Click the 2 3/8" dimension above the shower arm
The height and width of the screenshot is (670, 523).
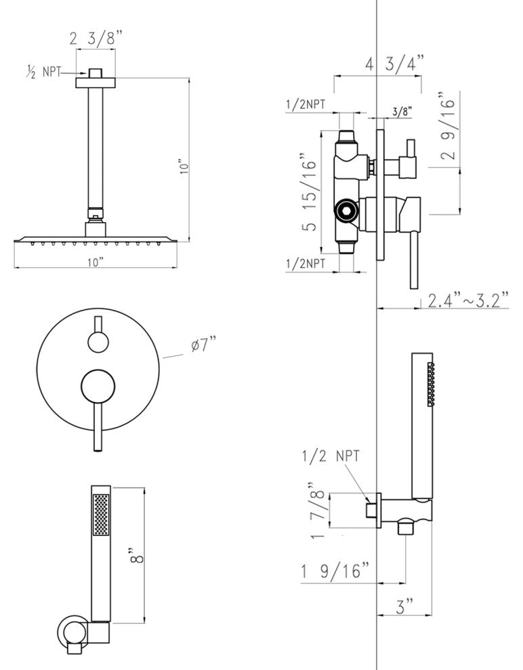[96, 39]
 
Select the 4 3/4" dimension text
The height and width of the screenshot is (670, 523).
[395, 65]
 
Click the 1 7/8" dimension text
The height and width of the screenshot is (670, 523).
[317, 509]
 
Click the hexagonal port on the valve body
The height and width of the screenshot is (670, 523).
[347, 212]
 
